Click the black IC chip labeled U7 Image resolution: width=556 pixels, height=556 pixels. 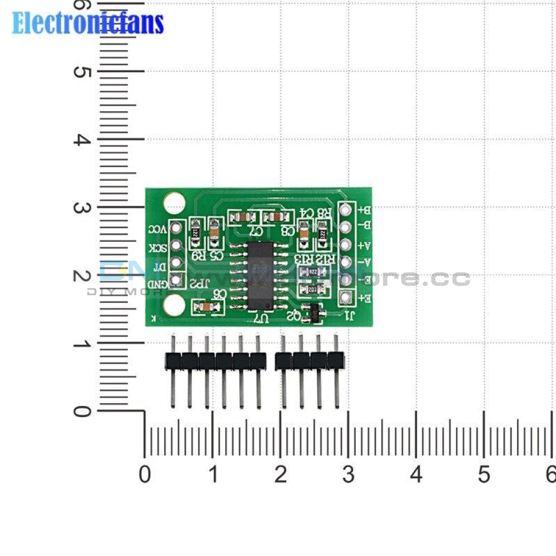pyautogui.click(x=260, y=276)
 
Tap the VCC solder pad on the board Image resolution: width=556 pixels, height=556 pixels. pyautogui.click(x=176, y=227)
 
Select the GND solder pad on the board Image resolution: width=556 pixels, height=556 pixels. pyautogui.click(x=176, y=281)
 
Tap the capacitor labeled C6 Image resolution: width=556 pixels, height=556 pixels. pyautogui.click(x=204, y=306)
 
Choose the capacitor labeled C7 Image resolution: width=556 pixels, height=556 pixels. pyautogui.click(x=242, y=217)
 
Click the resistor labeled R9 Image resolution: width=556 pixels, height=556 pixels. pyautogui.click(x=196, y=234)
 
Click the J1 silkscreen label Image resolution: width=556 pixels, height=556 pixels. pyautogui.click(x=350, y=317)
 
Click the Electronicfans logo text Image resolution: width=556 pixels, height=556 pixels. pyautogui.click(x=88, y=23)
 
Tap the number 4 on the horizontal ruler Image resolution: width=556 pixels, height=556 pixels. pyautogui.click(x=416, y=475)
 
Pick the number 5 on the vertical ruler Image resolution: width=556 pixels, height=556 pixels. pyautogui.click(x=82, y=72)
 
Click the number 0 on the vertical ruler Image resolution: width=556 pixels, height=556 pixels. pyautogui.click(x=82, y=411)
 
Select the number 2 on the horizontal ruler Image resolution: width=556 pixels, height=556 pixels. pyautogui.click(x=280, y=475)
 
